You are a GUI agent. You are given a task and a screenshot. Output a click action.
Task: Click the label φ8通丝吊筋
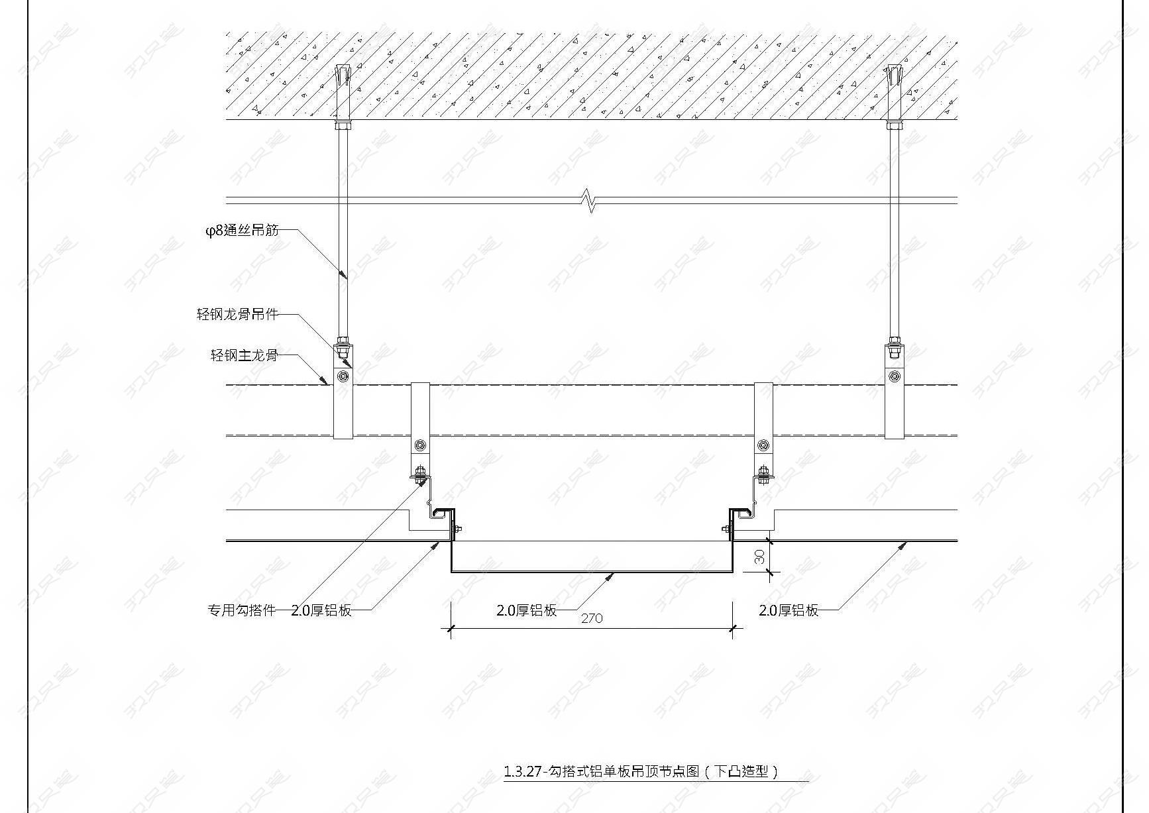pos(242,231)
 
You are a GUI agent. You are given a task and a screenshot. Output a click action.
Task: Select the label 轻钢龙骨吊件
pos(237,314)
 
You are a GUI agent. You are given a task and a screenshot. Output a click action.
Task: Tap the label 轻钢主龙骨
pos(244,355)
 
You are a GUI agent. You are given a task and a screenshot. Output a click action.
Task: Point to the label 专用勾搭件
pos(242,610)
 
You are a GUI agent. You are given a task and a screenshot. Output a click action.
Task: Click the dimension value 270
pos(592,618)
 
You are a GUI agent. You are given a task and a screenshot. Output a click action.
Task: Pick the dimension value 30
pos(759,557)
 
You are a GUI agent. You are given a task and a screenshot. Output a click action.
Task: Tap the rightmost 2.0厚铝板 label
pos(789,610)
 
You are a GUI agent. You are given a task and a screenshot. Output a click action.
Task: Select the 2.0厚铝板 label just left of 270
pos(527,610)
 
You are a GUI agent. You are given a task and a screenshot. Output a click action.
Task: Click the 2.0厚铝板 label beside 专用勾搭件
pos(321,610)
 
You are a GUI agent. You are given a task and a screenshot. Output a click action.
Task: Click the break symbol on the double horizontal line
pos(588,200)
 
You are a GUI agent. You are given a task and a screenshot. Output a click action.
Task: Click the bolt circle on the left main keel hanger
pos(343,377)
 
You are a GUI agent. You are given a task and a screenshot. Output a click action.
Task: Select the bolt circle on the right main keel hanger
pos(895,377)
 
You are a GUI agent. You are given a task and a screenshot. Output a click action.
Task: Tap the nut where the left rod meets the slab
pos(343,125)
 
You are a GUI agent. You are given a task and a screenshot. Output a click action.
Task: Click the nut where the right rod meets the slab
pos(895,125)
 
